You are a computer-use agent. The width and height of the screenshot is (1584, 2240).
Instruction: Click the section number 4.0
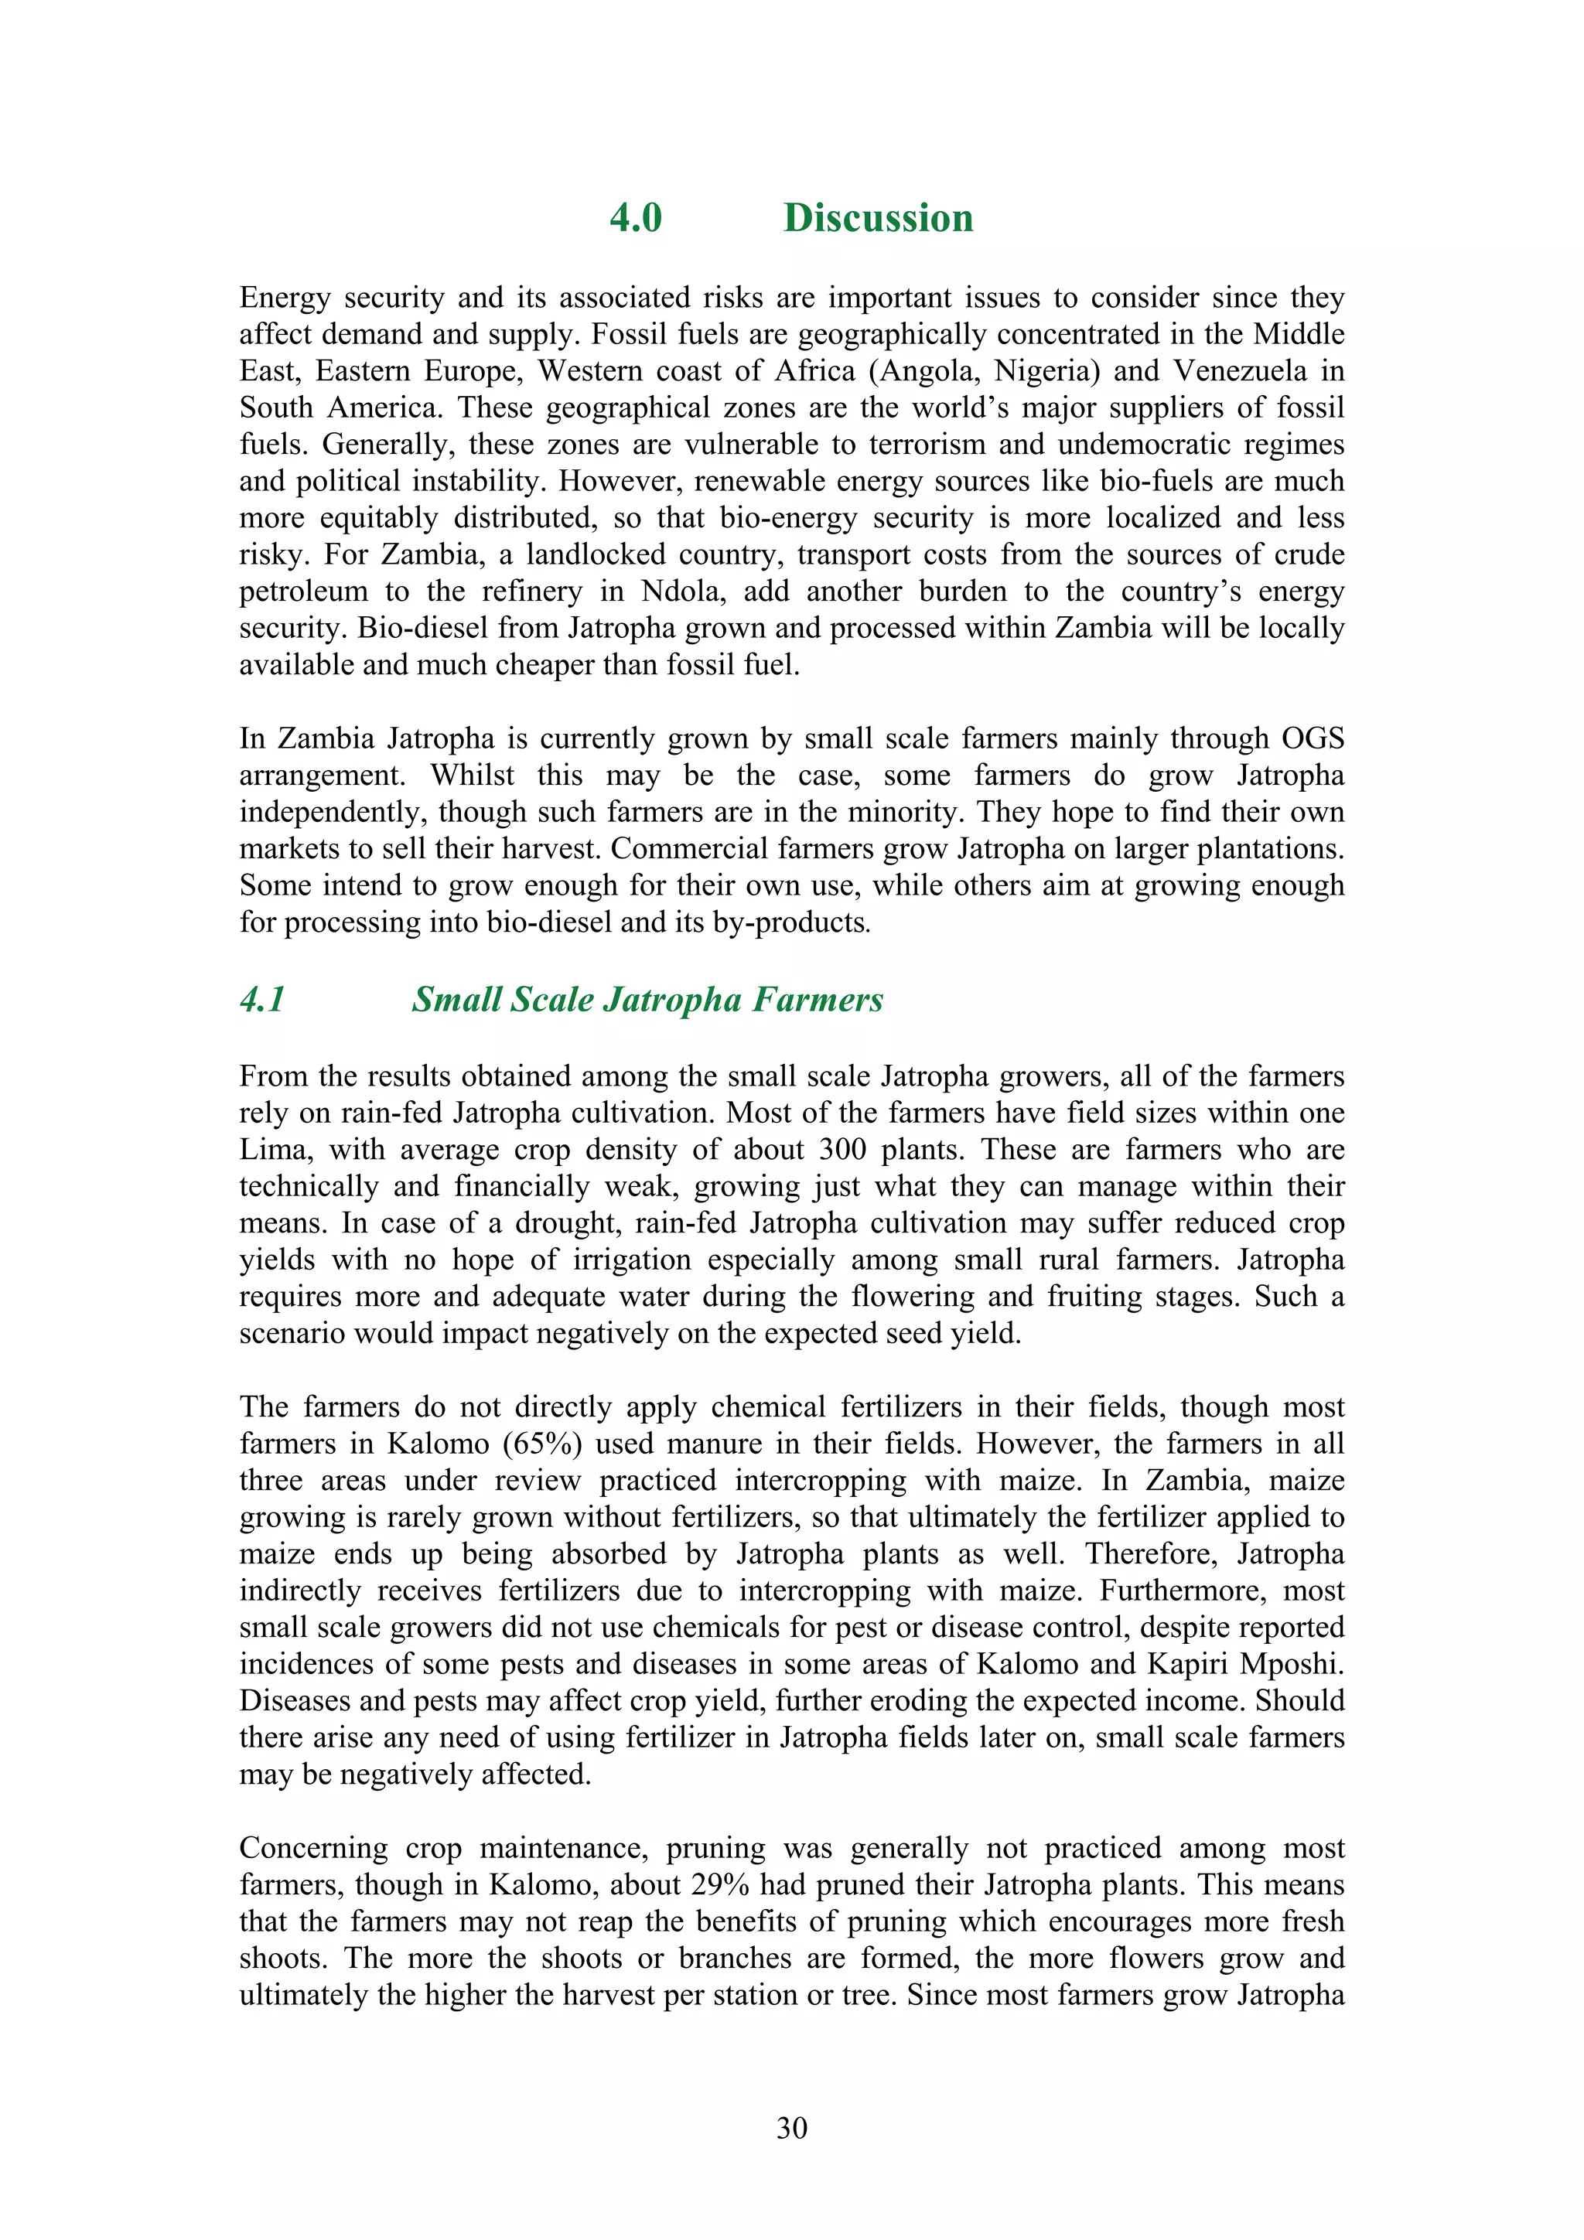(635, 217)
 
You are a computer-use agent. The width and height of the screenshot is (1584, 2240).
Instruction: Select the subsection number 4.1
(261, 999)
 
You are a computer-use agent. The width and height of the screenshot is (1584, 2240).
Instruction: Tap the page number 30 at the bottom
(791, 2128)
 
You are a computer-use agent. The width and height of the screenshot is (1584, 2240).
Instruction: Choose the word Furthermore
(1182, 1591)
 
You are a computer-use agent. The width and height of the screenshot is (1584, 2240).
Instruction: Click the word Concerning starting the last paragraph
(313, 1848)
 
